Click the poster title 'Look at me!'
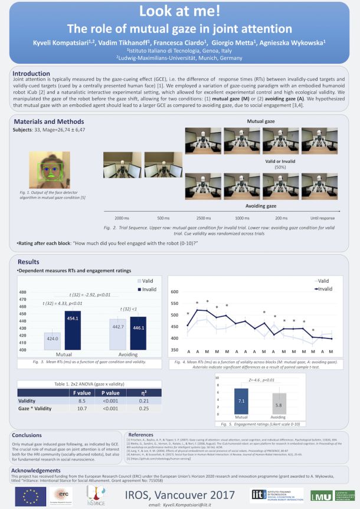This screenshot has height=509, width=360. (179, 12)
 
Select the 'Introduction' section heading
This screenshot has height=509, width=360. (32, 73)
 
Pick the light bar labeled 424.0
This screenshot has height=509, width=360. (52, 343)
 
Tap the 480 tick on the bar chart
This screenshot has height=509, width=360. (22, 293)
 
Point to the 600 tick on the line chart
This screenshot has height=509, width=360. (174, 292)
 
